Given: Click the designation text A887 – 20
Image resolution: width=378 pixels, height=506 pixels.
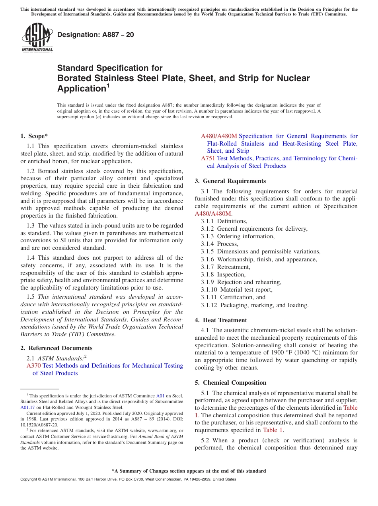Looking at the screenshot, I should [x=95, y=35].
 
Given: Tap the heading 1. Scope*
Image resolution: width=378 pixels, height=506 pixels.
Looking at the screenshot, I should [x=34, y=136].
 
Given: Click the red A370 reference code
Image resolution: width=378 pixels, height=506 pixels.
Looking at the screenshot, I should [x=34, y=366].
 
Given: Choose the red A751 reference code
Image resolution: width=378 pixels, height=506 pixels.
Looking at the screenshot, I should [x=208, y=158].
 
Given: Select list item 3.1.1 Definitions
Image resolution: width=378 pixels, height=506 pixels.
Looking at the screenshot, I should [x=224, y=221].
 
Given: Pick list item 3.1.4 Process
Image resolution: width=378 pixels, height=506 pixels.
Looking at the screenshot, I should [x=220, y=244].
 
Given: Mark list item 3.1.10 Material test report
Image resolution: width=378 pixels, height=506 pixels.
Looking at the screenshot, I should [x=237, y=290].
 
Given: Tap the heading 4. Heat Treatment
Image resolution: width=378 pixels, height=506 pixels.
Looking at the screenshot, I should [x=225, y=320].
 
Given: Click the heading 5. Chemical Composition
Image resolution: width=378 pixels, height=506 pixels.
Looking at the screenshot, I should [x=234, y=383].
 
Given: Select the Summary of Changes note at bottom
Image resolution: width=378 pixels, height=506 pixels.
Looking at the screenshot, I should [x=189, y=471].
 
